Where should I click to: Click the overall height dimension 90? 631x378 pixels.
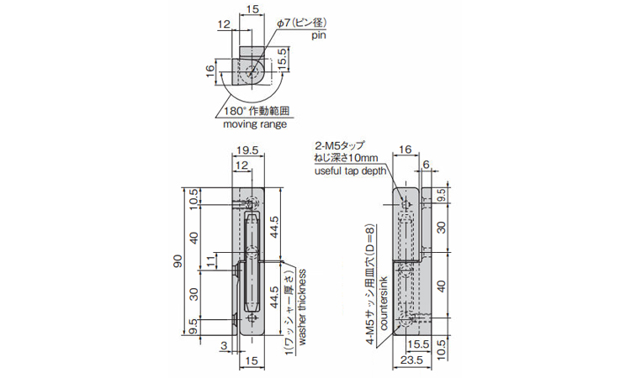178,261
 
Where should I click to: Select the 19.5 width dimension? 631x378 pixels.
247,150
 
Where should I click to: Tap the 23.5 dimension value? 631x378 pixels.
412,360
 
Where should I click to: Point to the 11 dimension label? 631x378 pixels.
211,261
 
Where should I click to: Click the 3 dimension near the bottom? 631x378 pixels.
225,345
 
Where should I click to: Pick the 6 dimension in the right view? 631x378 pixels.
427,164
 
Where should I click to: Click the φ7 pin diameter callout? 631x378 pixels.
302,23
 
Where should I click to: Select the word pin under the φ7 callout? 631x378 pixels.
318,35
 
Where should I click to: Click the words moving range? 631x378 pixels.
255,124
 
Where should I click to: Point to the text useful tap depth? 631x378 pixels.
350,171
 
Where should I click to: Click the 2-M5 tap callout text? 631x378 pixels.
339,145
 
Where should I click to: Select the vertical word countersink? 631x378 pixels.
383,303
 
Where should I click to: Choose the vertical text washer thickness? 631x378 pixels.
302,307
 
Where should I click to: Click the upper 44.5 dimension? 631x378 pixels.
274,228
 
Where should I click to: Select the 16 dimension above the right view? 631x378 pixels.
406,150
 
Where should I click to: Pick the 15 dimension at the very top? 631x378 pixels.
252,9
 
